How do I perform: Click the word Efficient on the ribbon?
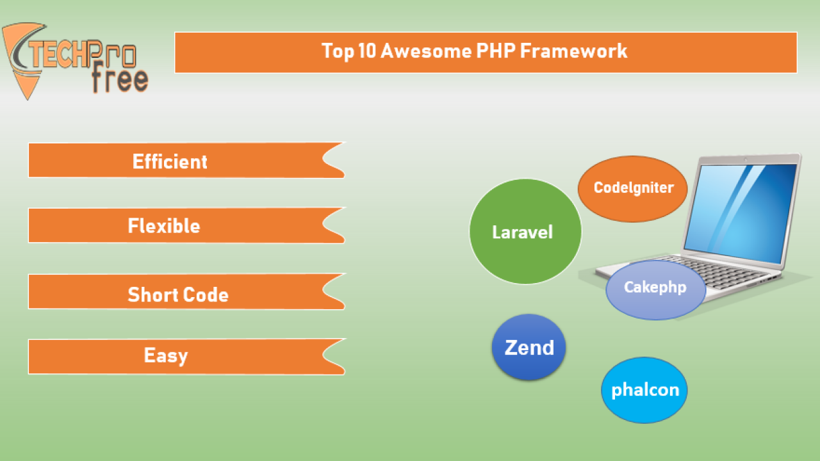(x=170, y=161)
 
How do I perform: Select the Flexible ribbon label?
(x=164, y=225)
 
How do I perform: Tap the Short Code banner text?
(x=178, y=295)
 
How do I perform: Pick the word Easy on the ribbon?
(x=166, y=356)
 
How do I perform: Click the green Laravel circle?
(x=525, y=231)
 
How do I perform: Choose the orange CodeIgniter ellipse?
(x=632, y=189)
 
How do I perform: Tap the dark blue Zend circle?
(x=529, y=347)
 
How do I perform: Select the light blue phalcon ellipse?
(x=644, y=390)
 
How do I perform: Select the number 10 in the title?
(x=367, y=51)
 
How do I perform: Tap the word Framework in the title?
(x=573, y=51)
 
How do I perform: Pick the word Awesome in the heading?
(x=427, y=51)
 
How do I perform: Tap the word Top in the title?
(x=338, y=51)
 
